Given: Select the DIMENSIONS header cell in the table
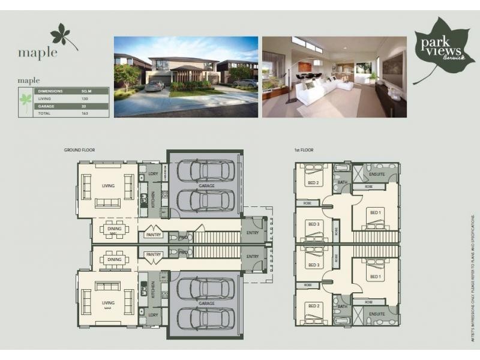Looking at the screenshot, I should point(51,91).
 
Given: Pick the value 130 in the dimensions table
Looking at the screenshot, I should point(85,98).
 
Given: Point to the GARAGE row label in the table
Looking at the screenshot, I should point(47,105).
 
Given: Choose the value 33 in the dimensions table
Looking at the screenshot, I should point(85,105).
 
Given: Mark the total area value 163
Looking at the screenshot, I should point(85,112).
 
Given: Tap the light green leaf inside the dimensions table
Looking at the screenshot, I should point(25,101).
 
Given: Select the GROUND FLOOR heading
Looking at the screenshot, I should point(80,149).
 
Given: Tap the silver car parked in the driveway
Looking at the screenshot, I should point(154,86).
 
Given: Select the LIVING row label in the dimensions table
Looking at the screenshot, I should point(45,98).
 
